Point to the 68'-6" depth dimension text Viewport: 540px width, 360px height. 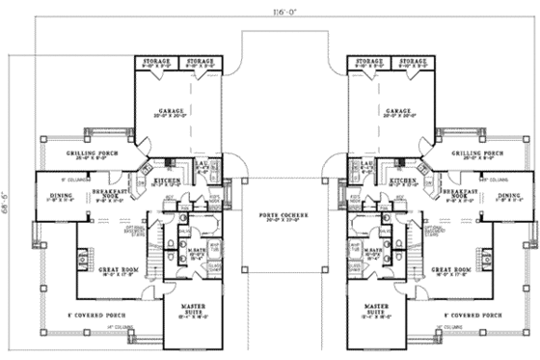[x=9, y=180]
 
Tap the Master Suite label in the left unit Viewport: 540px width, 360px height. [x=193, y=307]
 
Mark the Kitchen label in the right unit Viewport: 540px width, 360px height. [x=403, y=180]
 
